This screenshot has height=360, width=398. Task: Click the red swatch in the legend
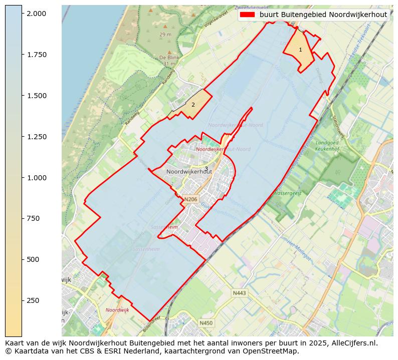click(x=248, y=15)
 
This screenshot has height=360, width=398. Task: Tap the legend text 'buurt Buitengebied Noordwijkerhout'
click(x=323, y=15)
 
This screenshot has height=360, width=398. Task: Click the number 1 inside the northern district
click(x=300, y=50)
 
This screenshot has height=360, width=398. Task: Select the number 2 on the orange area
click(x=193, y=105)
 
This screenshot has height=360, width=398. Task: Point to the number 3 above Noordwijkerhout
click(x=206, y=168)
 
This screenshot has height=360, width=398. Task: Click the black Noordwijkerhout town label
click(x=189, y=171)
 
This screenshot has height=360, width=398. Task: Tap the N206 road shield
click(x=190, y=199)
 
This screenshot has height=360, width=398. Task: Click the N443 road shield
click(x=239, y=293)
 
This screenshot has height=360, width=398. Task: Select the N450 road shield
click(x=206, y=323)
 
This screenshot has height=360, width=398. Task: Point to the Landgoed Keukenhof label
click(x=327, y=146)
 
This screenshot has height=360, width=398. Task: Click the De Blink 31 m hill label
click(x=168, y=61)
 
